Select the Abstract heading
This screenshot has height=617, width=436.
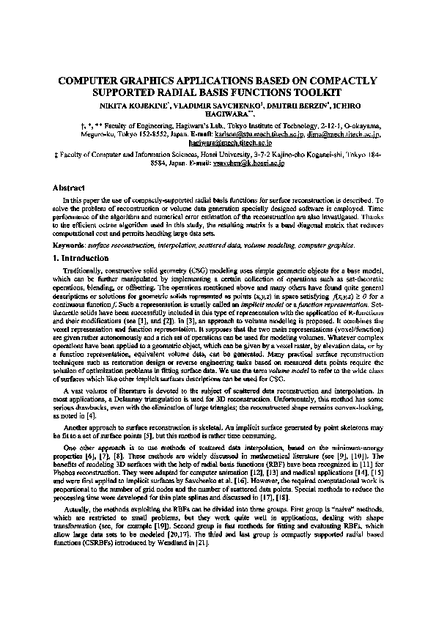[70, 188]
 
